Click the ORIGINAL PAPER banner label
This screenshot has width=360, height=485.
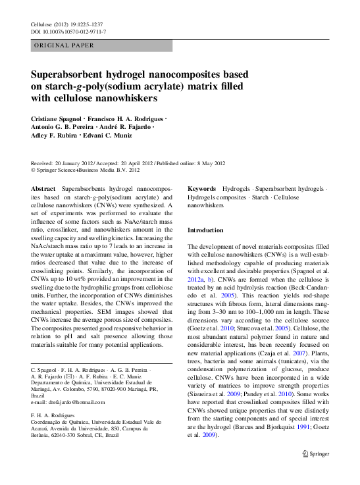pyautogui.click(x=63, y=46)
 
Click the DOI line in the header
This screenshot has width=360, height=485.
pyautogui.click(x=68, y=32)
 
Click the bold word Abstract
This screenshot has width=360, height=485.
pyautogui.click(x=43, y=188)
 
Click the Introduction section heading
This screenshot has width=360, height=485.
pyautogui.click(x=206, y=230)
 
